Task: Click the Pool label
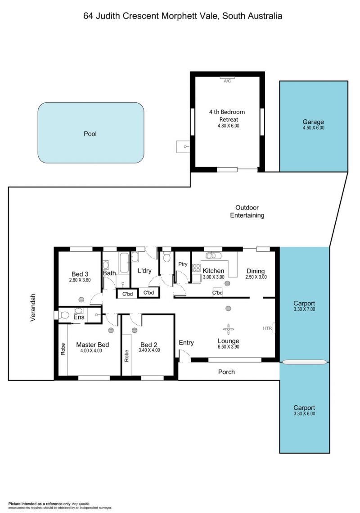tap(90, 134)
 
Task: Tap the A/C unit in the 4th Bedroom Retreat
tap(227, 78)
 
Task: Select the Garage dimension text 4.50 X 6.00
tap(313, 128)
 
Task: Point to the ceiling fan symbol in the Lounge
tap(228, 329)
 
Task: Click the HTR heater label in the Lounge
tap(267, 328)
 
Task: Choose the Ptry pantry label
tap(183, 264)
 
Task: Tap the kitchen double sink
tap(213, 255)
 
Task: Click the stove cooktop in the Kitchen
tap(196, 268)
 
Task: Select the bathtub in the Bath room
tap(124, 263)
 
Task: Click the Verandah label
tap(33, 307)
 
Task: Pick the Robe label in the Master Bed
tap(63, 349)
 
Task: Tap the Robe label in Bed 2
tap(126, 356)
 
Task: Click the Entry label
tap(186, 343)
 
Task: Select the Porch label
tap(226, 372)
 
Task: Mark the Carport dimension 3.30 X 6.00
tap(304, 413)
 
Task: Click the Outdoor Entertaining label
tap(247, 211)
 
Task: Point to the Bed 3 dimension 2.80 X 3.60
tap(80, 280)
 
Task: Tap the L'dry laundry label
tap(144, 271)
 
